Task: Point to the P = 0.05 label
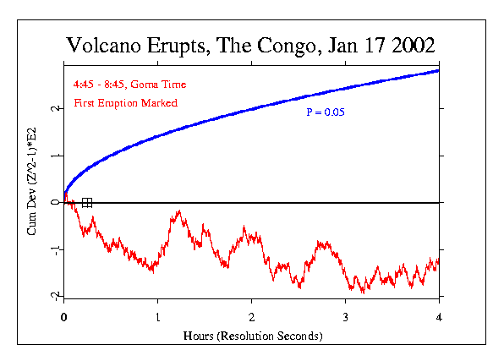coord(326,112)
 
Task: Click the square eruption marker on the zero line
coord(87,202)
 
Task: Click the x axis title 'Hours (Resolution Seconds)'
coord(252,336)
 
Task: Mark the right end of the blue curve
coord(438,70)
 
